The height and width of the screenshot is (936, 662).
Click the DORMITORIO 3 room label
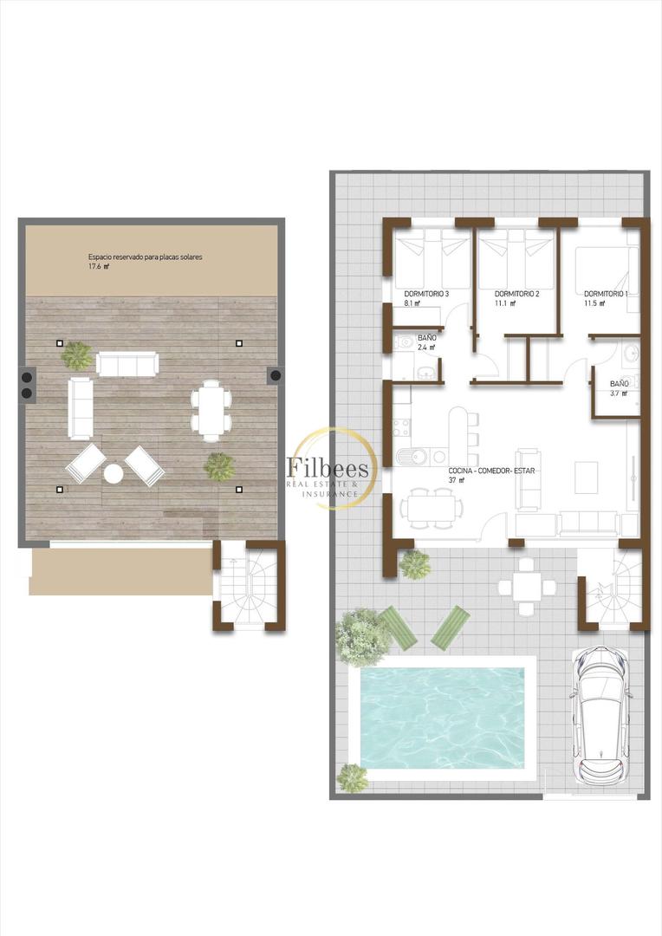[x=426, y=294]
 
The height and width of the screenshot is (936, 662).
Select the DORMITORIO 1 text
[x=606, y=294]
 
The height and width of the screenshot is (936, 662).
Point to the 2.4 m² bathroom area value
[x=425, y=348]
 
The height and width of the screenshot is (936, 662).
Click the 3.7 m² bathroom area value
[x=619, y=393]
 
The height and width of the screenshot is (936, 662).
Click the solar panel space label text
[x=146, y=257]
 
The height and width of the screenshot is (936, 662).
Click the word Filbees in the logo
[x=328, y=469]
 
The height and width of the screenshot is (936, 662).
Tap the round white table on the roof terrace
[x=114, y=473]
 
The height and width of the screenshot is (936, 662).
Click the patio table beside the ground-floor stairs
[x=527, y=587]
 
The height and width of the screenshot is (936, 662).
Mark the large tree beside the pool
[x=362, y=636]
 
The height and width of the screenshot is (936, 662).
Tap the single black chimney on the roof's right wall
[x=275, y=375]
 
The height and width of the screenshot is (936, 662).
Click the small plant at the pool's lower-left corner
[x=351, y=777]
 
